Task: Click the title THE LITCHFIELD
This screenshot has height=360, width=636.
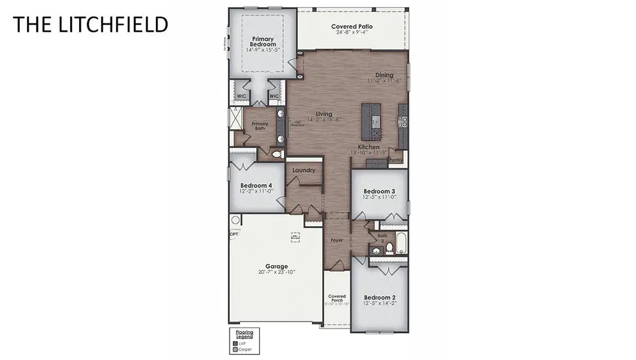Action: (90, 24)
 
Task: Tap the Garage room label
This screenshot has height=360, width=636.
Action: (277, 266)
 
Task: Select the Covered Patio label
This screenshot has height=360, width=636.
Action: (352, 26)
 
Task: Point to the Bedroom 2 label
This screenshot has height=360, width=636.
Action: (380, 297)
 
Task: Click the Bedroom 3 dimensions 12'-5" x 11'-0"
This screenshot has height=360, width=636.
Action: (380, 197)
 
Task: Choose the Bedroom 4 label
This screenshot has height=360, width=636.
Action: (256, 185)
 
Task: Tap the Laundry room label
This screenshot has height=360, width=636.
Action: (304, 170)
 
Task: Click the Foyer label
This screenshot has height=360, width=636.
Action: (337, 241)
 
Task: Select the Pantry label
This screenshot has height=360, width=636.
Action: (395, 160)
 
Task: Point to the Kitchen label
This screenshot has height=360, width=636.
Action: (368, 147)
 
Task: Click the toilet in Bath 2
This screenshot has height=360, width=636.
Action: (388, 247)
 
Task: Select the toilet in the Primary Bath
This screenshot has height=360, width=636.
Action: (277, 154)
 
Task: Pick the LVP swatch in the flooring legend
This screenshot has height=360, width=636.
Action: (235, 343)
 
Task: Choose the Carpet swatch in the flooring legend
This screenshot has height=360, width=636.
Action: (235, 349)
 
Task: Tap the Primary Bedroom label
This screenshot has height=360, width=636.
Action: (263, 41)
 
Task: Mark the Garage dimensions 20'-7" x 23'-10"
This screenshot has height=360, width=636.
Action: (277, 272)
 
